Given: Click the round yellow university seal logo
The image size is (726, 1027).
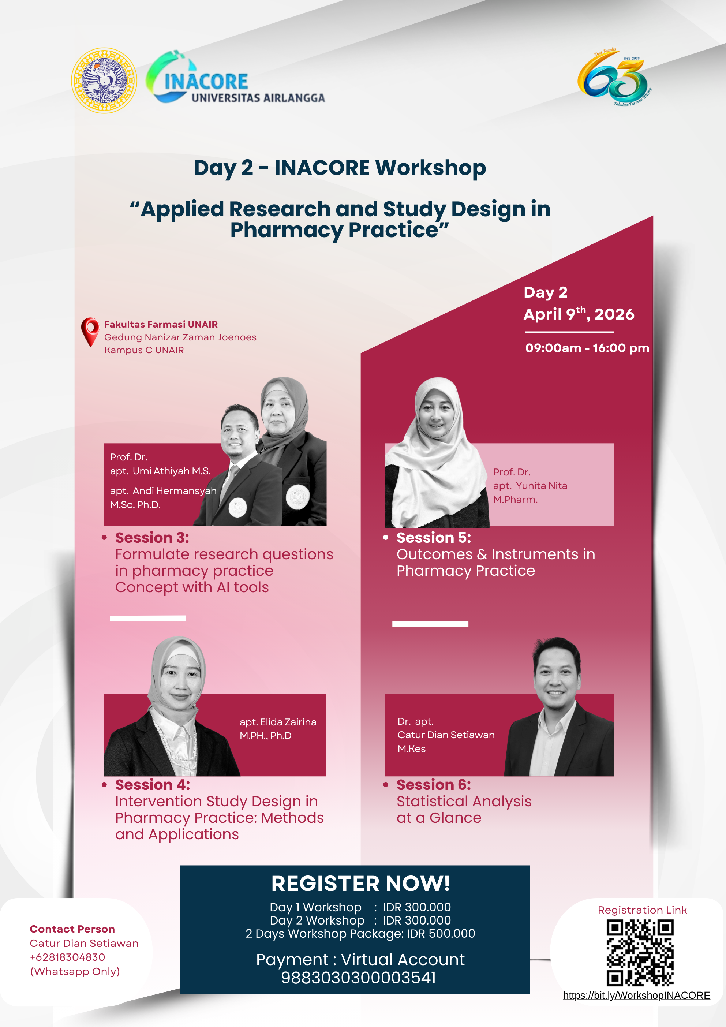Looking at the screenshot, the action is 104,81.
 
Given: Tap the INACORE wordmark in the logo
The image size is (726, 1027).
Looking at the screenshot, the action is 206,82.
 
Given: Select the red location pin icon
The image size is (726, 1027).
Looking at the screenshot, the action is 90,332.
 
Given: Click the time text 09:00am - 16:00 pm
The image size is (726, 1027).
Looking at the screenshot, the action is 587,348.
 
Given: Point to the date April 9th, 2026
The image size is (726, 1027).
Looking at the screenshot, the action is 579,314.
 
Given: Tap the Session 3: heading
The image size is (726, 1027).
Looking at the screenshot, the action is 152,537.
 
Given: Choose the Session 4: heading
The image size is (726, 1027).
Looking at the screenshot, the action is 153,785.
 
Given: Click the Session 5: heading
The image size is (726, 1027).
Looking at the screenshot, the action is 434,537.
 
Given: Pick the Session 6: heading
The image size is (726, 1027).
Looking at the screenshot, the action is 434,785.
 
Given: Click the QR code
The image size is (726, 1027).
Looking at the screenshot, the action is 640,952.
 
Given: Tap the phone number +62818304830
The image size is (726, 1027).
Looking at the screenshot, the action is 68,957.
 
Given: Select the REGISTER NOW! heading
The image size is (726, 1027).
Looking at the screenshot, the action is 360,884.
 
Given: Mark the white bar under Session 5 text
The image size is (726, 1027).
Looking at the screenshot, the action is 430,624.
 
